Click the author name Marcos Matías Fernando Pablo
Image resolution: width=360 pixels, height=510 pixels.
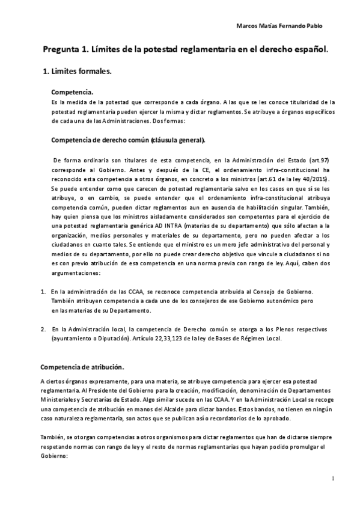click(279, 26)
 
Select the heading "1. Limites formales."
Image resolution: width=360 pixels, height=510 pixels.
click(76, 72)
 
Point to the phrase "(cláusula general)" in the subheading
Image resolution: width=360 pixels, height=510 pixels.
click(178, 141)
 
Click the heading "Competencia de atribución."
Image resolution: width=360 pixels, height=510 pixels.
click(82, 367)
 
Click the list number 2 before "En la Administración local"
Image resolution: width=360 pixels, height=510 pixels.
click(44, 329)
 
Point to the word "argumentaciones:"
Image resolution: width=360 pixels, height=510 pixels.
click(78, 274)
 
